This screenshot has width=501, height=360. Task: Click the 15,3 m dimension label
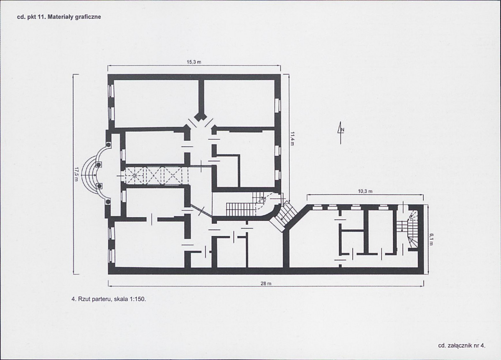point(193,62)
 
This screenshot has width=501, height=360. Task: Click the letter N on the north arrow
point(343,130)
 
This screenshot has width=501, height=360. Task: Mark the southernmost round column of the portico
point(108,202)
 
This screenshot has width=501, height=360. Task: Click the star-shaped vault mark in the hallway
point(135,175)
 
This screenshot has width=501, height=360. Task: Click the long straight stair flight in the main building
point(240,209)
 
